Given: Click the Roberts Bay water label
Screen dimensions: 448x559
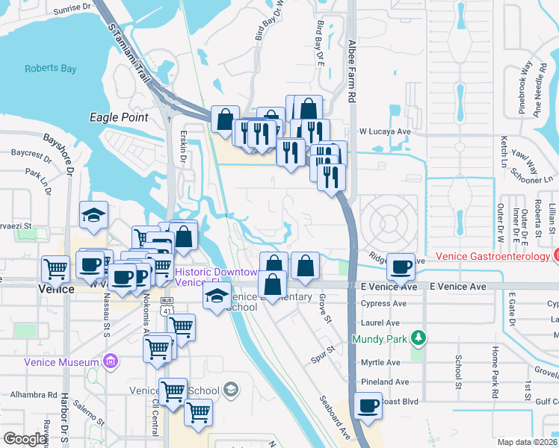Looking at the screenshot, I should click(50, 69).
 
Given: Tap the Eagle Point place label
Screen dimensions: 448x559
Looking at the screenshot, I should click(118, 117).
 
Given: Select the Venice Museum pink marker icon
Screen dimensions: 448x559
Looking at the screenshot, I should click(111, 363).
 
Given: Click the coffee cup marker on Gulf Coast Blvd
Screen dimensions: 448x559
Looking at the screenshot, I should click(368, 405).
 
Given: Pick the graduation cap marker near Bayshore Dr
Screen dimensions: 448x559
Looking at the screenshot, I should click(94, 216).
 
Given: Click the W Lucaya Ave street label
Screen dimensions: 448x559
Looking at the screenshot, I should click(386, 131).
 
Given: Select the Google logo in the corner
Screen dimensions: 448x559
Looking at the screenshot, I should click(24, 439).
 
